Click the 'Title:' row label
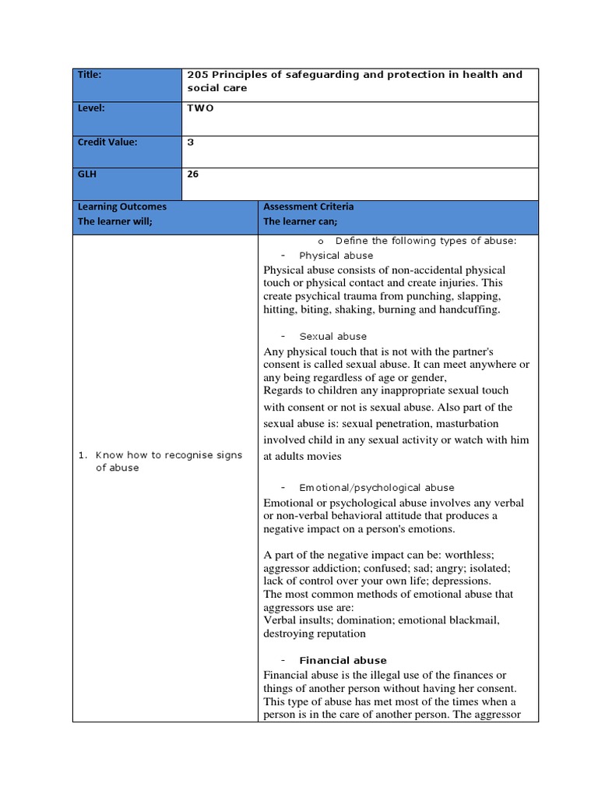(x=90, y=75)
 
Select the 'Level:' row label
(x=91, y=108)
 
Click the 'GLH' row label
(x=86, y=175)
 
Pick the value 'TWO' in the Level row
(x=200, y=108)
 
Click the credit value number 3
(x=190, y=142)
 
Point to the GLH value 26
(x=193, y=175)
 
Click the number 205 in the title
(x=197, y=75)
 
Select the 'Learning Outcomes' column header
(x=121, y=207)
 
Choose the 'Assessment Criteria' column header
(x=308, y=207)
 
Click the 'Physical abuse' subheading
(x=336, y=256)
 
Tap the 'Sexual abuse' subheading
(x=332, y=337)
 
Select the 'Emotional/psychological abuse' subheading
(x=377, y=488)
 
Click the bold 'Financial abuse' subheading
(x=343, y=661)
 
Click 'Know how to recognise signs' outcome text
(x=168, y=455)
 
